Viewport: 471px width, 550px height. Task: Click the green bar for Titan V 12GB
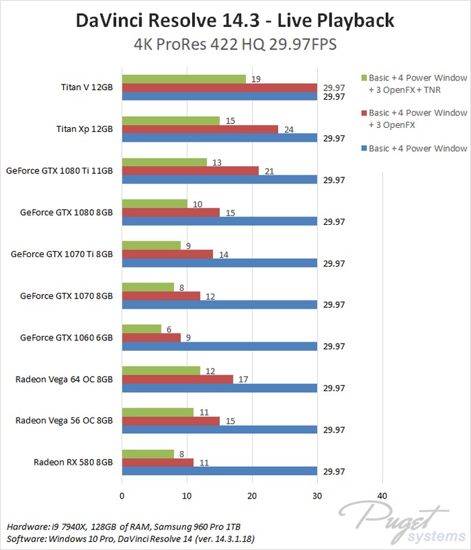click(x=184, y=79)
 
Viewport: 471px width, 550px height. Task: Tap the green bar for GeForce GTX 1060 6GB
click(x=141, y=329)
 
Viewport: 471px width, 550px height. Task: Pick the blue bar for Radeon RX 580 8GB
click(x=219, y=471)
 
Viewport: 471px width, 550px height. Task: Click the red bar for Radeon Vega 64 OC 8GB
click(x=177, y=379)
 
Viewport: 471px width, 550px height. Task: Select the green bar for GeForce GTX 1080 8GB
click(x=154, y=203)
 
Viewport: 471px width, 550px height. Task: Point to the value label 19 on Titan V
click(x=255, y=79)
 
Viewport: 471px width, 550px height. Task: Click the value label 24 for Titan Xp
click(x=288, y=129)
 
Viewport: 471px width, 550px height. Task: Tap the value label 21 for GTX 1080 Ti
click(x=269, y=170)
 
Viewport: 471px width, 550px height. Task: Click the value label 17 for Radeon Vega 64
click(x=243, y=379)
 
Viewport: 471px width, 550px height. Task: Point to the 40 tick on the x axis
click(x=382, y=496)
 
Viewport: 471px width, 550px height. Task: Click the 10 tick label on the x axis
click(x=187, y=496)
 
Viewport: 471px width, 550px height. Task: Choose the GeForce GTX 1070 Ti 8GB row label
click(x=62, y=254)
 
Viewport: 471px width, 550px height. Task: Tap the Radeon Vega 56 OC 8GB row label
click(x=64, y=420)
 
